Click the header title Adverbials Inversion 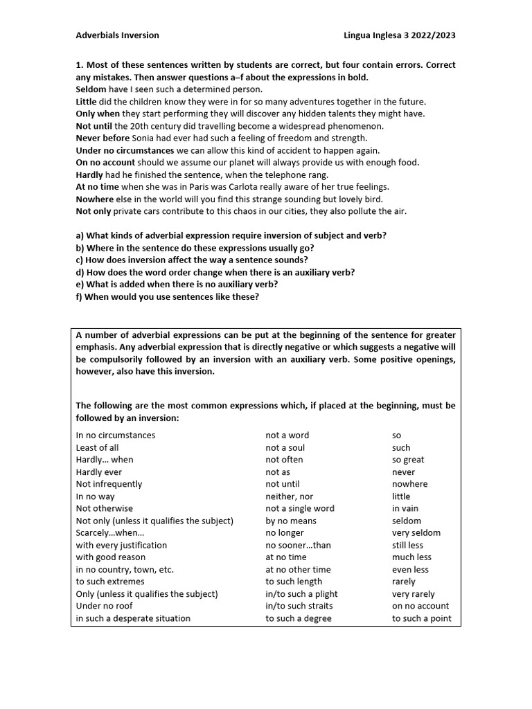coord(117,35)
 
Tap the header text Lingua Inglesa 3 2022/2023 coord(400,35)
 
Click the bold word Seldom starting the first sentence coord(91,89)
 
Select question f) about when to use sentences coord(167,297)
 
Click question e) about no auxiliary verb coord(177,285)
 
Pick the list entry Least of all coord(97,448)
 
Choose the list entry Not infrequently coord(109,484)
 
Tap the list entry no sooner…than coord(298,546)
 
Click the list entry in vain coord(405,508)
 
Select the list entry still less coord(407,546)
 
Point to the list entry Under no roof coord(104,607)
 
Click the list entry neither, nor coord(289,496)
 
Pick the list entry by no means coord(291,521)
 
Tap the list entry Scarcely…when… coord(110,533)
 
